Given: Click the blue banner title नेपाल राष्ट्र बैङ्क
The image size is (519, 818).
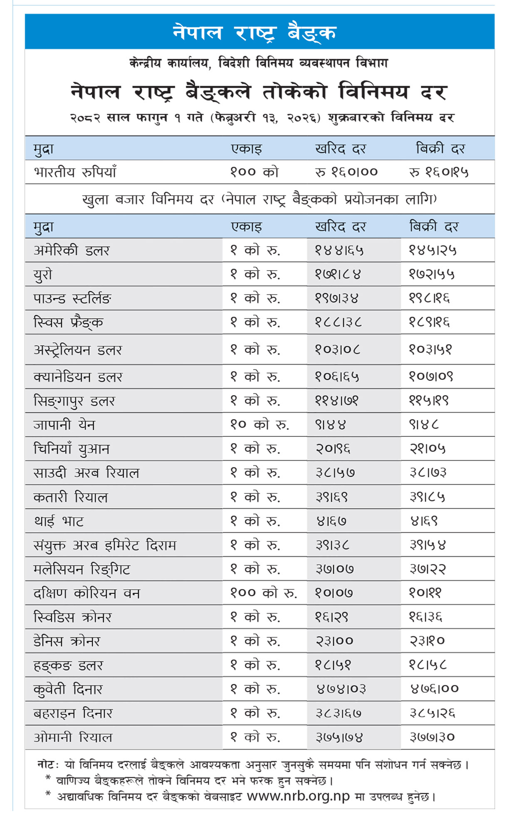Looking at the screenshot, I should point(255,32).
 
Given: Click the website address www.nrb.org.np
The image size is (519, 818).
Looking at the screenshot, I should point(298,796).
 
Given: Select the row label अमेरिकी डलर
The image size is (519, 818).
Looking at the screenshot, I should point(72,250).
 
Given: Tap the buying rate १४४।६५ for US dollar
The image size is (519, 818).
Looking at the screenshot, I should point(339,250).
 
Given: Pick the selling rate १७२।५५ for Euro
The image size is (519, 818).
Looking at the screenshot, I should point(432,274).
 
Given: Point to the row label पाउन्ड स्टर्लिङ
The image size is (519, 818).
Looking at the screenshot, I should point(72,298).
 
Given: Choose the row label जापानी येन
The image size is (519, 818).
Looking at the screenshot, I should point(64,425).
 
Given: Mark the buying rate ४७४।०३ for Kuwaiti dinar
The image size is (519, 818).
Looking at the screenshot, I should point(341,689).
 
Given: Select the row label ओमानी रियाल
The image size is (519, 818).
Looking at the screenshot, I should point(73,737).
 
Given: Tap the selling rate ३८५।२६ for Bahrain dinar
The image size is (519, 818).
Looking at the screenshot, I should point(432,713).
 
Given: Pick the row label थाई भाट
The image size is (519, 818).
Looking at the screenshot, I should point(59,521).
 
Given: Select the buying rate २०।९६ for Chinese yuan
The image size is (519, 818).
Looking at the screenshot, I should point(333,448).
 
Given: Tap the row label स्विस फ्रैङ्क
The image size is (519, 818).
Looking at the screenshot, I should point(69,322).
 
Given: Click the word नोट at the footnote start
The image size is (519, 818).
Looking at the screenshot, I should point(45,764).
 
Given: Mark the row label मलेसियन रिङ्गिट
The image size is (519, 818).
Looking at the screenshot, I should point(82,569).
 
